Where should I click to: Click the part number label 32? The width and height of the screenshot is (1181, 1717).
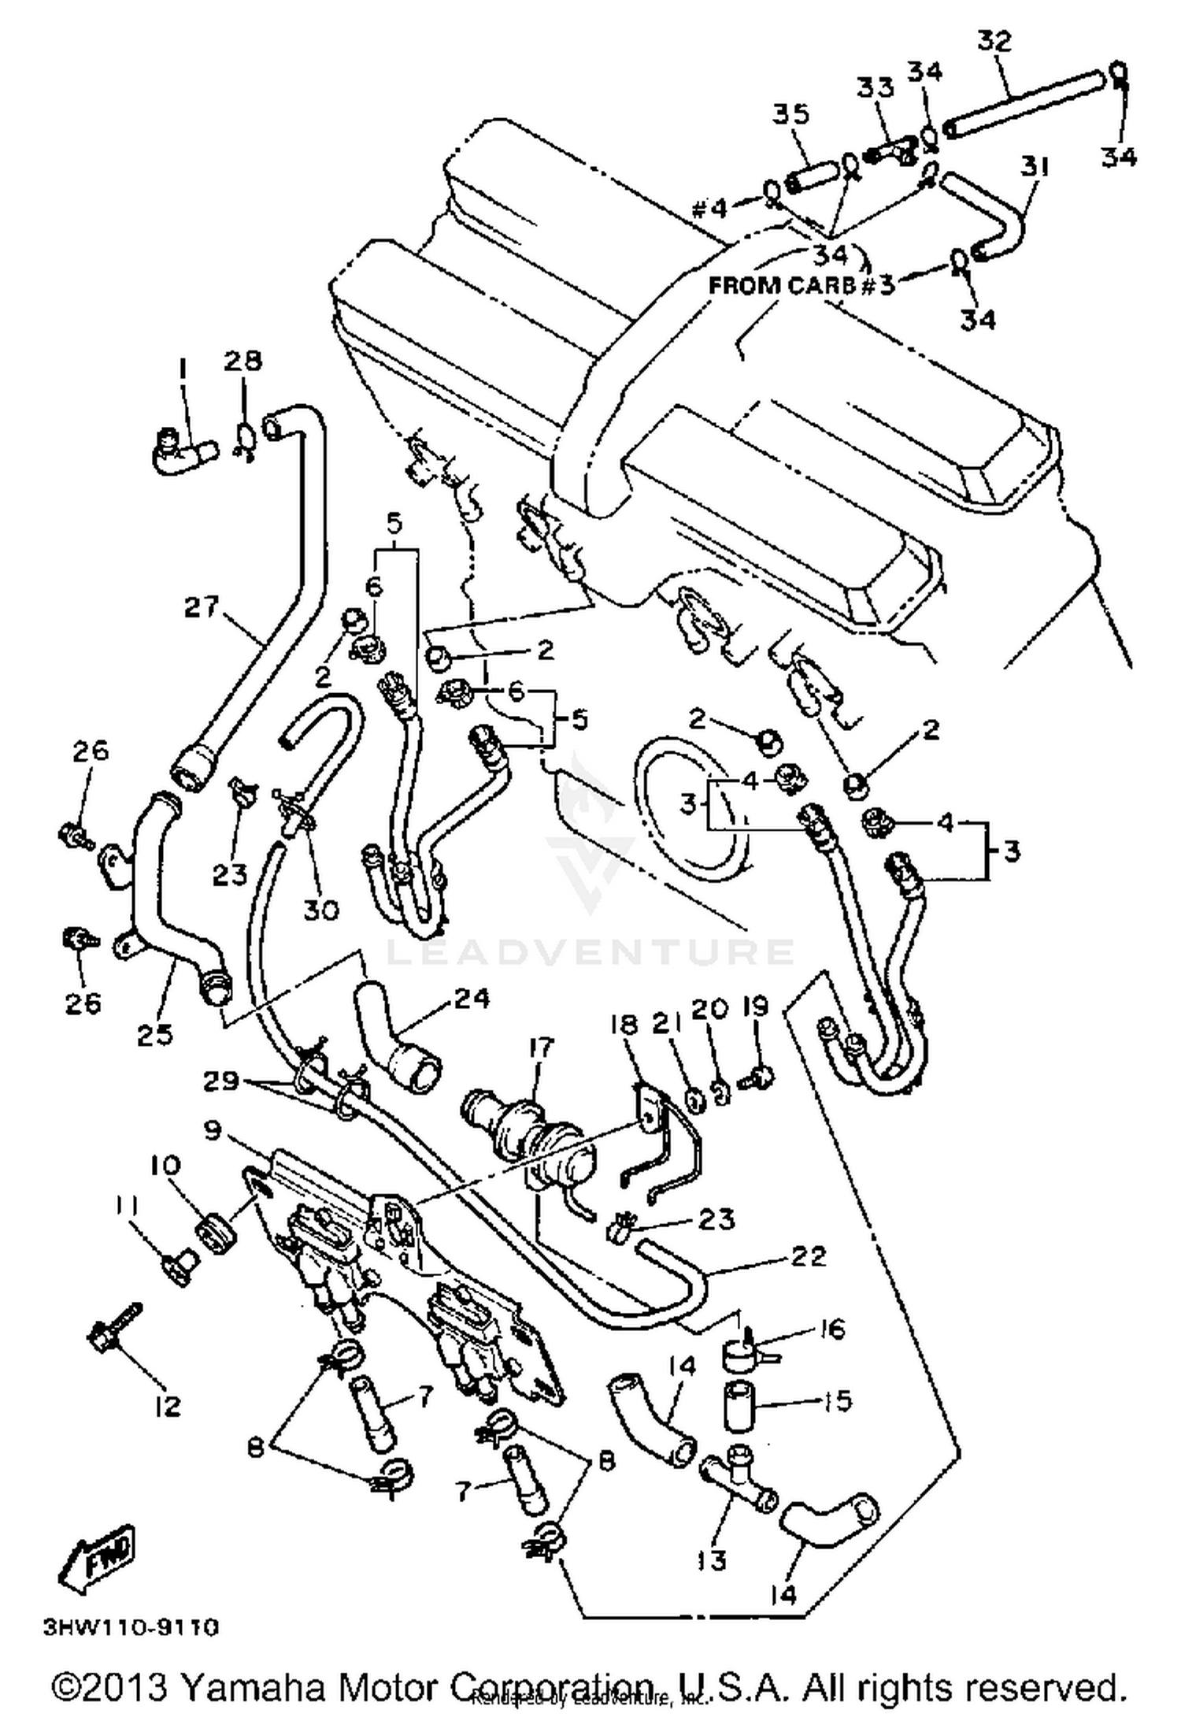point(994,41)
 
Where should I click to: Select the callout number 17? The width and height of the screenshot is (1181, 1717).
point(542,1048)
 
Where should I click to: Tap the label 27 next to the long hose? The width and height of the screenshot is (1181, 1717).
point(202,607)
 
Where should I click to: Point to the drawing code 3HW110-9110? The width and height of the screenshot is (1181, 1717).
point(131,1626)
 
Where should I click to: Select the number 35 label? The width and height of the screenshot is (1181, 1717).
point(790,115)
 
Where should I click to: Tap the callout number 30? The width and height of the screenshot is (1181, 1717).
point(321,910)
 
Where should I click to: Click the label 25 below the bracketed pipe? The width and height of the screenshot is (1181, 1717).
point(155,1034)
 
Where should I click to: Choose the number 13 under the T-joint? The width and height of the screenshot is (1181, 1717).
point(711,1559)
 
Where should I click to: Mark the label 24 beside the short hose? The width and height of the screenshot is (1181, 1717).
point(472,999)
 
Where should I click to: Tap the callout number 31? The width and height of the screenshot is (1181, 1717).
point(1035,166)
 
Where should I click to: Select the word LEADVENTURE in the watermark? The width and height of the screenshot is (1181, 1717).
point(589,951)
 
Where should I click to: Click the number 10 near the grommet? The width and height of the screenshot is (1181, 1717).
point(167,1164)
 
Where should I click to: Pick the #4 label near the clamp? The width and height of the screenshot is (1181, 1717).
point(710,209)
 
